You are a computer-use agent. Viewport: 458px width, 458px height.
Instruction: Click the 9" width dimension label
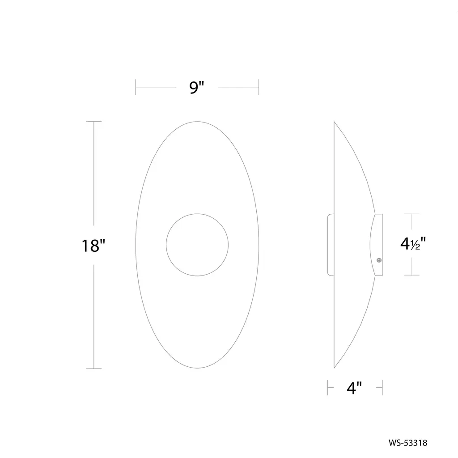[197, 87]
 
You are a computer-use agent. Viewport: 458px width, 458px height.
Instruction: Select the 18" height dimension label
[93, 246]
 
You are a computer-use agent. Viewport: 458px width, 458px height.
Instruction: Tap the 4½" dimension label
[413, 244]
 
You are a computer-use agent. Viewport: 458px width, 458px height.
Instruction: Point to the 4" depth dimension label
[354, 388]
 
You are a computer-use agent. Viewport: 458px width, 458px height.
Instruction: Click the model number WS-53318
[408, 443]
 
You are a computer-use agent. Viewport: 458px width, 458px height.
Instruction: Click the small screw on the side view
[379, 260]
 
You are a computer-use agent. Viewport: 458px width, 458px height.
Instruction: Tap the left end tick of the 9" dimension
[136, 87]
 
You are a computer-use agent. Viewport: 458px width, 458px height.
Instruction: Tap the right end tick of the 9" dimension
[259, 87]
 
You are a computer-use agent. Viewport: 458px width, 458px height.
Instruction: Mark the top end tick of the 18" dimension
[94, 122]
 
